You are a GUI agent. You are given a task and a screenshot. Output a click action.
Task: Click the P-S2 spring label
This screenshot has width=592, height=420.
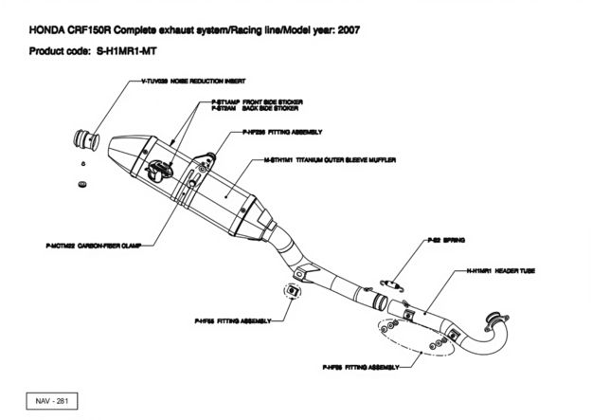[445, 241]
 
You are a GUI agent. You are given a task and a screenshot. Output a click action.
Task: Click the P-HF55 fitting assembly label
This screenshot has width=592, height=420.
[228, 320]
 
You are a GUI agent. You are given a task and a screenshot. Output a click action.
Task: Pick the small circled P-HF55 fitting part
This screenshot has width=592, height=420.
[293, 289]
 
